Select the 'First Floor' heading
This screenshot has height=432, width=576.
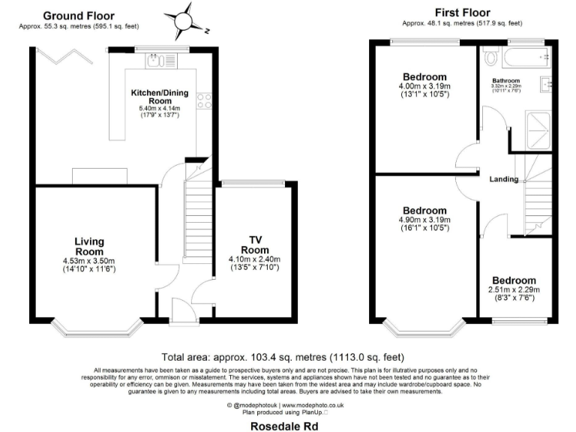[x=463, y=13]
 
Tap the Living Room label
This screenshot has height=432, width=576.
[x=88, y=247]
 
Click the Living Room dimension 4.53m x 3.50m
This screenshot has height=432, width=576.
[x=88, y=261]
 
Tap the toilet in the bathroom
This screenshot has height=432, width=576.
[x=491, y=57]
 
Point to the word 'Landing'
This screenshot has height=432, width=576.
[x=503, y=180]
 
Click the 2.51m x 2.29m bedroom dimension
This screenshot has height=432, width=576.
[x=514, y=290]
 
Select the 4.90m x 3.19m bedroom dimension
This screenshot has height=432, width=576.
[x=424, y=220]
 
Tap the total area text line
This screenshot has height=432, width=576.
[x=288, y=358]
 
